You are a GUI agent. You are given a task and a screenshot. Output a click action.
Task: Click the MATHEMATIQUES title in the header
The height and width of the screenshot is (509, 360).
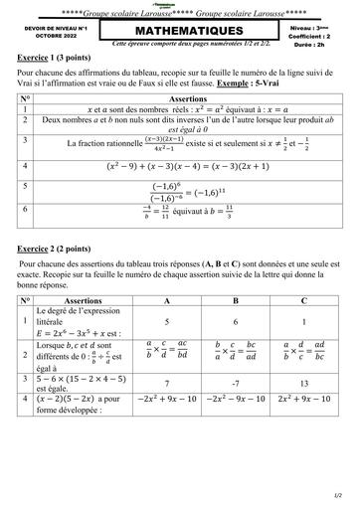coord(178,33)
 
